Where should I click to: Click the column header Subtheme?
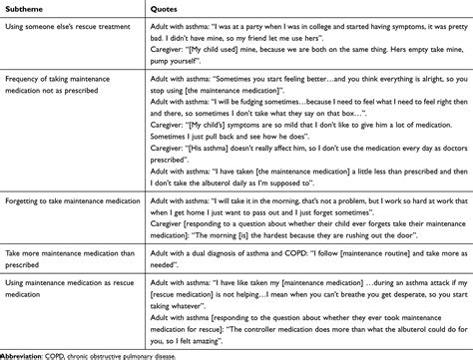tap(27, 10)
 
